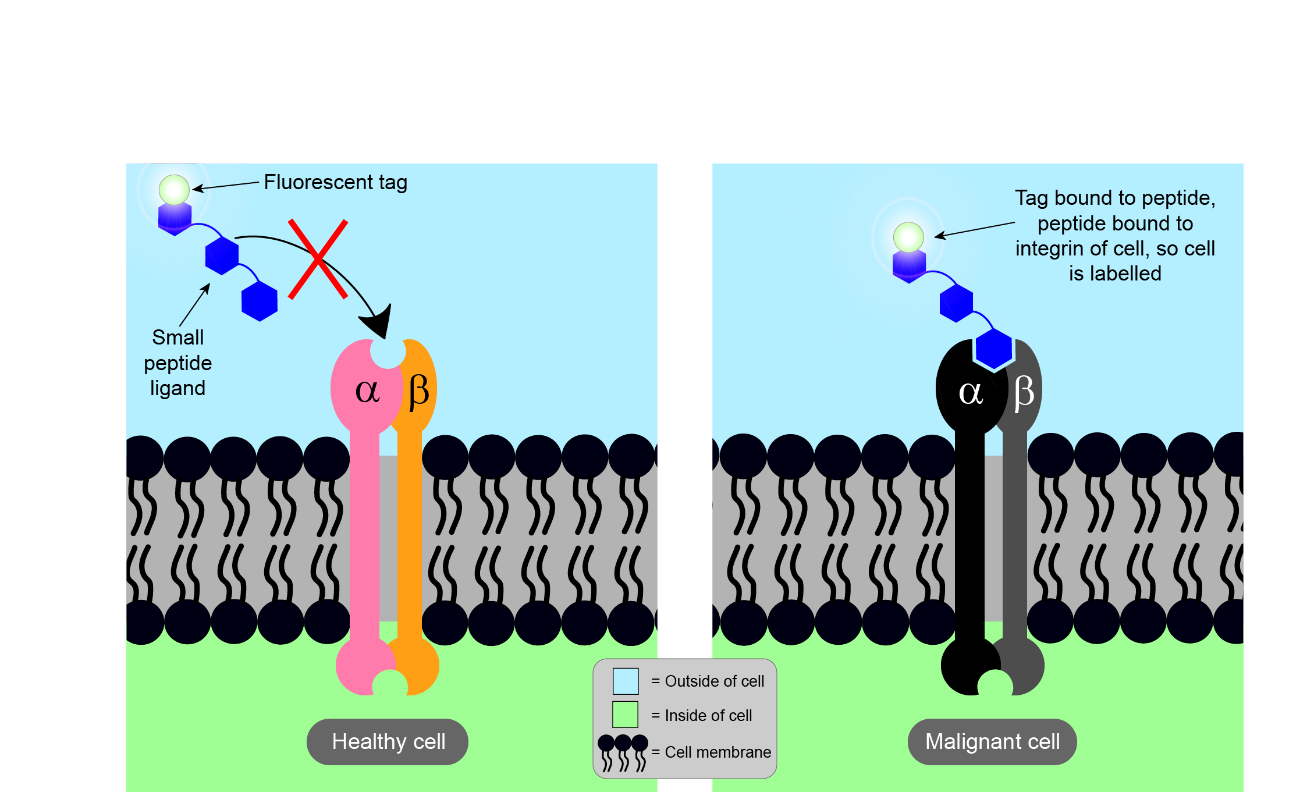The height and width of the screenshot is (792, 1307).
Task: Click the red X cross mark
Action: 318,259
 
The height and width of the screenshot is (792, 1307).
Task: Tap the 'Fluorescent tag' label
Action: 335,182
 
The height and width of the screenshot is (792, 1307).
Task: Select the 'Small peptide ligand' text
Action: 177,363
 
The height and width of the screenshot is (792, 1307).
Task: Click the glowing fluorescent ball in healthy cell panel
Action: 174,190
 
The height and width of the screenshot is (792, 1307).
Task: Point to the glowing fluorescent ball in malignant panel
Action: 908,237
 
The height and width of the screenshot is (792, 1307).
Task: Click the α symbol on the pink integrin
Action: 367,390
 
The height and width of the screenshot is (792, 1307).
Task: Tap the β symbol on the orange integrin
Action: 418,391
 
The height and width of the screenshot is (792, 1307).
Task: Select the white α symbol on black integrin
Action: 971,392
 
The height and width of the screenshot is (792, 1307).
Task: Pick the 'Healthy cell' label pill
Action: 388,742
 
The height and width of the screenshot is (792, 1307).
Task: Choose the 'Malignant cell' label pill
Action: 992,742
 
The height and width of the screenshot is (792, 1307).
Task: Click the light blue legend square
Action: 626,681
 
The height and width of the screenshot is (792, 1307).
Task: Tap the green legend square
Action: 626,715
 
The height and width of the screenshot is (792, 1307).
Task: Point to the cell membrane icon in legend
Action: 623,752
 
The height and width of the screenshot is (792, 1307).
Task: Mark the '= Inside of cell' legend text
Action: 702,715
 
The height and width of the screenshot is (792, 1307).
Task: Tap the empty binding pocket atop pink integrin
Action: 388,353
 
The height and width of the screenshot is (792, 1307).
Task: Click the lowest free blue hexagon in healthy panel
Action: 260,301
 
